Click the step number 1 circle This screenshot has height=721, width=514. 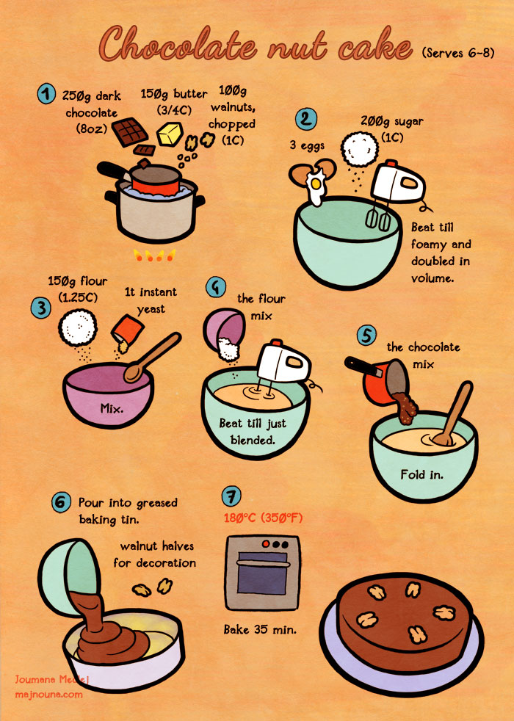pos(46,94)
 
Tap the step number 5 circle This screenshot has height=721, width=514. pos(366,336)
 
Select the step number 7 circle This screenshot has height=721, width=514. pos(231,496)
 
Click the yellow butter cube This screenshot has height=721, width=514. pos(170,134)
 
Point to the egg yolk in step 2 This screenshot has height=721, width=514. pos(316,184)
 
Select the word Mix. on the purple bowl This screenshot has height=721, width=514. pos(112,408)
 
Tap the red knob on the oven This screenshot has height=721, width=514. pos(266,544)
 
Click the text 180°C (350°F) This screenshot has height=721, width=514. pos(264,518)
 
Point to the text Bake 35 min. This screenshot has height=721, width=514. pos(260,629)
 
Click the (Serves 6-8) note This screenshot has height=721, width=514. pos(458,53)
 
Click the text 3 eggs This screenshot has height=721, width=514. pos(307,146)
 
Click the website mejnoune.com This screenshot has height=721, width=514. pos(48,695)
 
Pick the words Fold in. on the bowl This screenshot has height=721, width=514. pos(422,474)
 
